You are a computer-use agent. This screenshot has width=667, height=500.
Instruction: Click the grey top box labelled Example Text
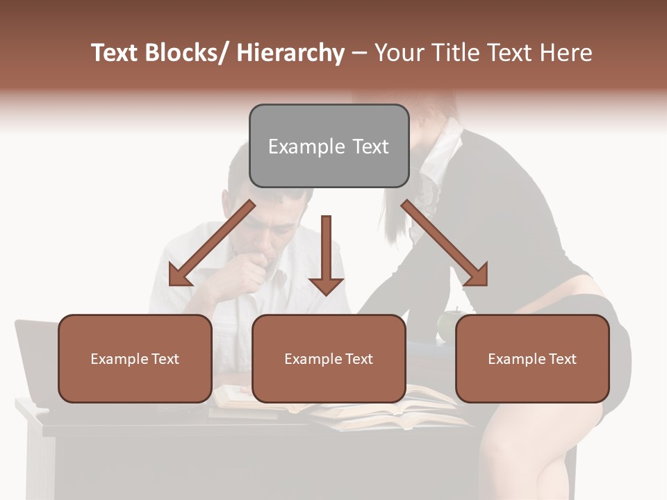[x=329, y=146]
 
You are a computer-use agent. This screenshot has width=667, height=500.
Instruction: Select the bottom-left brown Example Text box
[x=135, y=358]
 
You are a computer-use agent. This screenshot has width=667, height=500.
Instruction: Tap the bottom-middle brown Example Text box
[x=329, y=358]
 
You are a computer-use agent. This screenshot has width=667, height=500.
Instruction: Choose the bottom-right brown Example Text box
[x=532, y=358]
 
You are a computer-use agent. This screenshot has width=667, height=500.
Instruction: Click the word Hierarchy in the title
[x=290, y=53]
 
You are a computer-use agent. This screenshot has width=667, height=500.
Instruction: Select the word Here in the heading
[x=566, y=53]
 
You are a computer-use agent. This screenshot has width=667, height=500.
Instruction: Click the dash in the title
[x=359, y=53]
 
